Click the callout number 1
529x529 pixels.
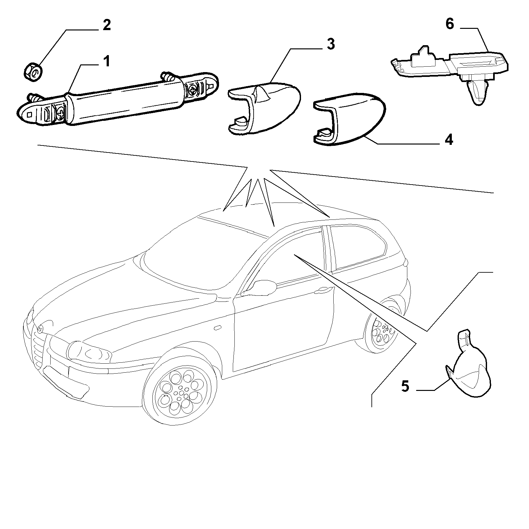[x=106, y=61]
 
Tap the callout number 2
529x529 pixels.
[x=107, y=25]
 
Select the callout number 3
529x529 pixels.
[x=331, y=44]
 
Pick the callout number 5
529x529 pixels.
[x=405, y=386]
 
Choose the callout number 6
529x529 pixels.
[x=450, y=25]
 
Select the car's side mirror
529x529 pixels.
[x=260, y=287]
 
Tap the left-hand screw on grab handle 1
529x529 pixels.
[x=61, y=112]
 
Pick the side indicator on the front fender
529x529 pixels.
[x=217, y=328]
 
